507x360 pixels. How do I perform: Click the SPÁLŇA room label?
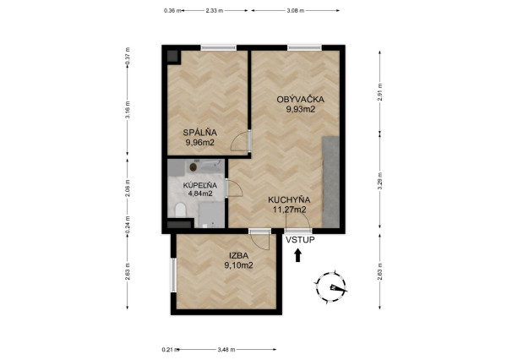pyautogui.click(x=200, y=132)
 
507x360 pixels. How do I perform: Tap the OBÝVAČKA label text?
pyautogui.click(x=301, y=99)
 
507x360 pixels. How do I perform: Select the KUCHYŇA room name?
pyautogui.click(x=287, y=200)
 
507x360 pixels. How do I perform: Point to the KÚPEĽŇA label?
pyautogui.click(x=200, y=184)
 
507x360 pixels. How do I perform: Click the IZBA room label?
pyautogui.click(x=238, y=255)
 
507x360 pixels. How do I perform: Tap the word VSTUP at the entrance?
pyautogui.click(x=300, y=240)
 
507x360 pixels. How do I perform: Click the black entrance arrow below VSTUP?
pyautogui.click(x=297, y=255)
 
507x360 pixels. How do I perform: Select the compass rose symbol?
pyautogui.click(x=333, y=287)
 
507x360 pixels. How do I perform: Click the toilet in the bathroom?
pyautogui.click(x=179, y=210)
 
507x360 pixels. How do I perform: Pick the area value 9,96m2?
pyautogui.click(x=200, y=143)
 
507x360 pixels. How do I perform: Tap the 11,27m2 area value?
pyautogui.click(x=287, y=210)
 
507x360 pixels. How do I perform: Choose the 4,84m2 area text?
pyautogui.click(x=200, y=194)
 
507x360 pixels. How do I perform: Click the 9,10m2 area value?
pyautogui.click(x=238, y=265)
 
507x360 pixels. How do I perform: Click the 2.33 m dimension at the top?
pyautogui.click(x=214, y=10)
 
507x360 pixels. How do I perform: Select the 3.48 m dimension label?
pyautogui.click(x=226, y=348)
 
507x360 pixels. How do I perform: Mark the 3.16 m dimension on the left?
pyautogui.click(x=128, y=112)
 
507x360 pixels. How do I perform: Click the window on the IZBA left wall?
pyautogui.click(x=173, y=274)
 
